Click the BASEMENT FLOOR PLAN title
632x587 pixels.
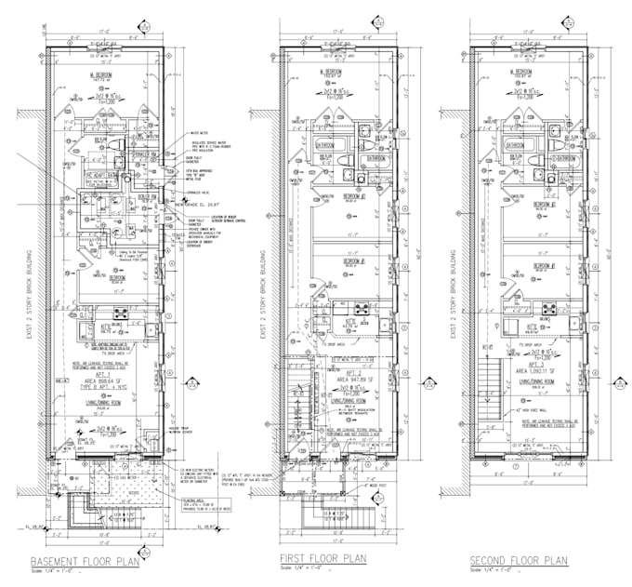[x=86, y=562]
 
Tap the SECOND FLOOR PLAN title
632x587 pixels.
[x=518, y=560]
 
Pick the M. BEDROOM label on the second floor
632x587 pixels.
[x=529, y=71]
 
